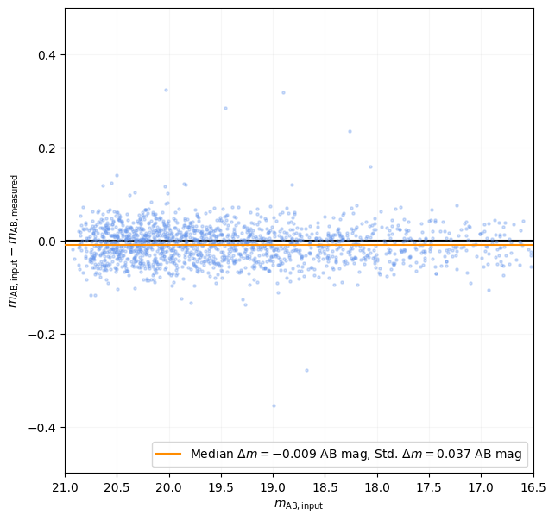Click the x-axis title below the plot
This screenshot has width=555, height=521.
pos(299,505)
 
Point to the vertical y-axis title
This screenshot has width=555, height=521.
pos(13,241)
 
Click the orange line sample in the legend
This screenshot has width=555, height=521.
pos(169,455)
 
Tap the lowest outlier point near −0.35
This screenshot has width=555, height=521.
pos(274,405)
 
